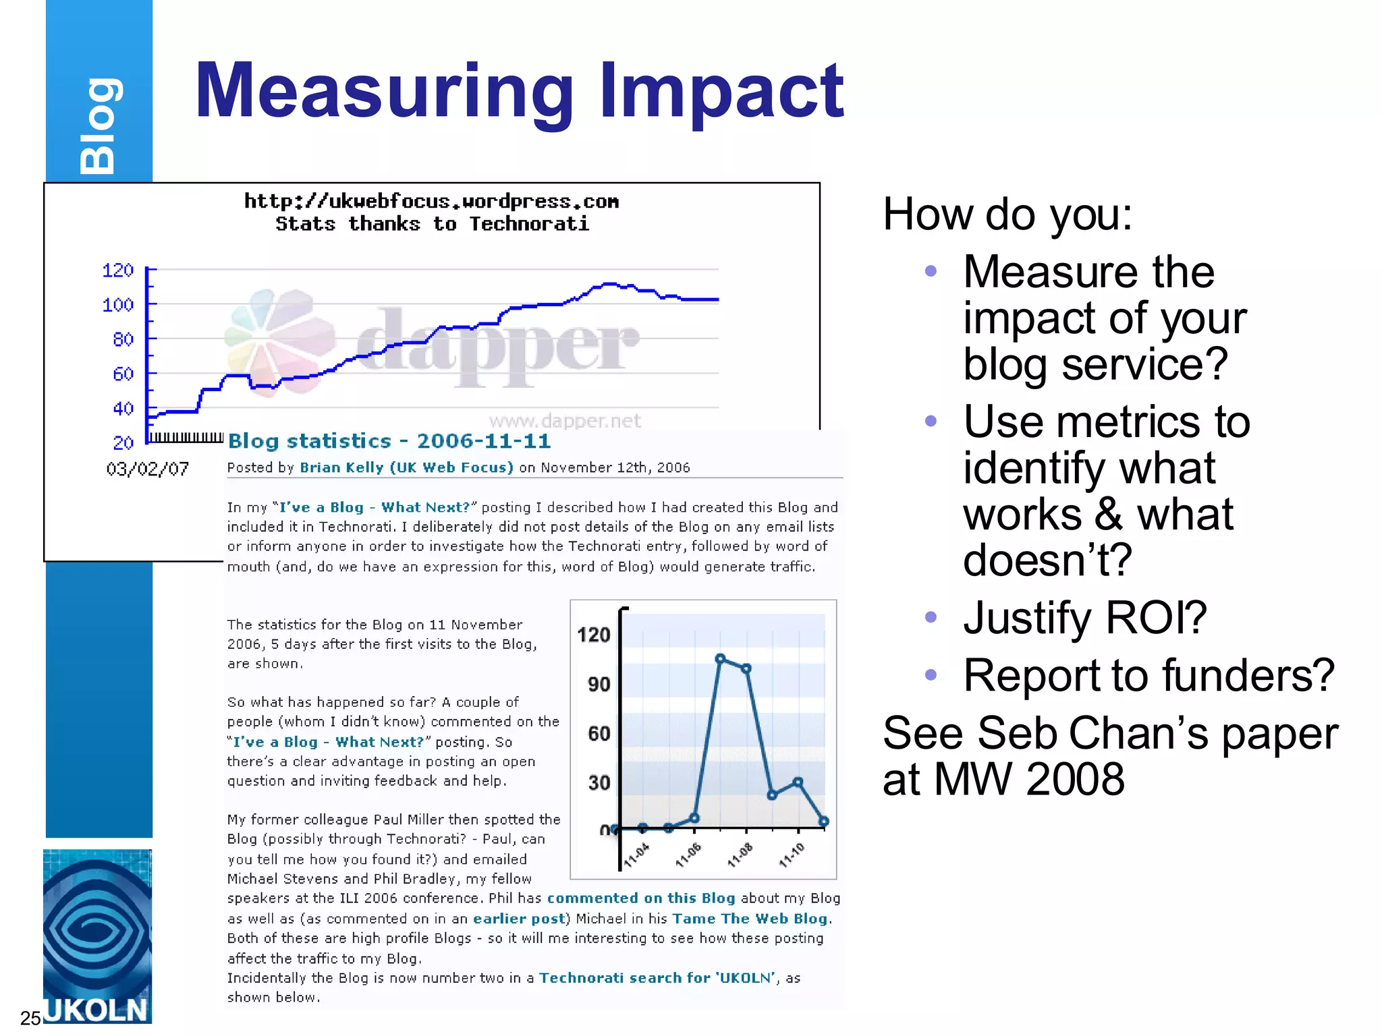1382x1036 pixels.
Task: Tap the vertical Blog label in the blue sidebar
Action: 99,126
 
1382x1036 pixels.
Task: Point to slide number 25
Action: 30,1018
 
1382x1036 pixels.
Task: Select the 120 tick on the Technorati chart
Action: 118,270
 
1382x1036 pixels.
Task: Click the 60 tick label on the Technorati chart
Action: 123,374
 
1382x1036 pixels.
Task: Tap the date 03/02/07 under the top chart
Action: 147,469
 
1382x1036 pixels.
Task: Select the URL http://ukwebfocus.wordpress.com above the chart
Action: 431,201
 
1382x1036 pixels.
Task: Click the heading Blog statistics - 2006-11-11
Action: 389,441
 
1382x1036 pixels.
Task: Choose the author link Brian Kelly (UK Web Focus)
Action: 406,467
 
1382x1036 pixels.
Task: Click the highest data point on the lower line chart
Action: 720,658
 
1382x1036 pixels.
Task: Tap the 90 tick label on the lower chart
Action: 599,685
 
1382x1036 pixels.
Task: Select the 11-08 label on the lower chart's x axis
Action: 740,854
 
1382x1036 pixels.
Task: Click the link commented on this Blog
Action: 640,898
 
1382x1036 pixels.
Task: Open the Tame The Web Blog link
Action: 749,919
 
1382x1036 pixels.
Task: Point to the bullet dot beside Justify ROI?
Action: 931,616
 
